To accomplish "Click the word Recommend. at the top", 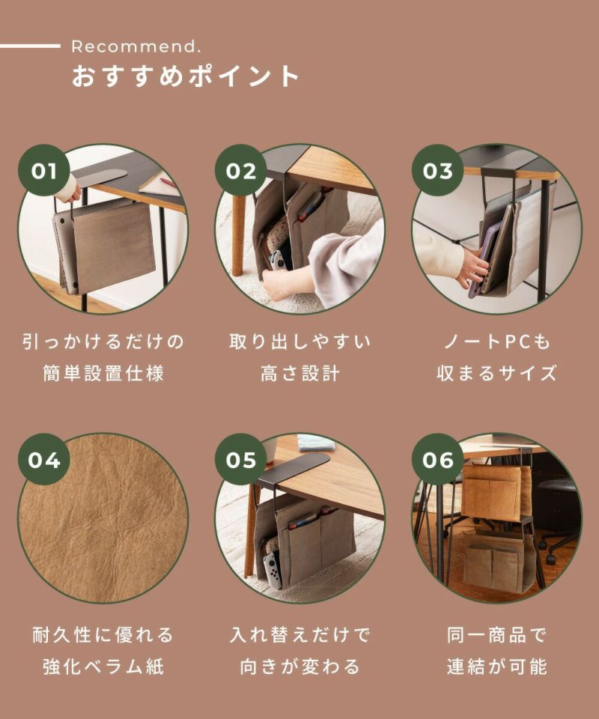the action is click(136, 46).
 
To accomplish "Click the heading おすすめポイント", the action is click(186, 76).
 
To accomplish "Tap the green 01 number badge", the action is click(44, 171).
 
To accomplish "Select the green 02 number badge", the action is click(240, 171).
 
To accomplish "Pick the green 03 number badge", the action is click(437, 171).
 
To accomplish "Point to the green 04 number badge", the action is click(44, 459).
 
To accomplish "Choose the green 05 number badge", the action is click(240, 459).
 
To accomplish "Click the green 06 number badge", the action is click(437, 459).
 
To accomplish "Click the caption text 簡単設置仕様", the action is click(103, 373).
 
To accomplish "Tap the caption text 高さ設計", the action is click(300, 373).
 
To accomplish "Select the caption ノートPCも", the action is click(497, 342).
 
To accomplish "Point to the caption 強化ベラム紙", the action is click(103, 667).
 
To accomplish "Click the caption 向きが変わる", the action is click(300, 667).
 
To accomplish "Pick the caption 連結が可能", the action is click(497, 667).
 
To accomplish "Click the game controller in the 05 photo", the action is click(273, 569).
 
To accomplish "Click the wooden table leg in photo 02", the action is click(238, 234).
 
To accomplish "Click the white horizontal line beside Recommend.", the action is click(30, 46).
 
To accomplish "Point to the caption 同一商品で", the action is click(497, 635).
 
